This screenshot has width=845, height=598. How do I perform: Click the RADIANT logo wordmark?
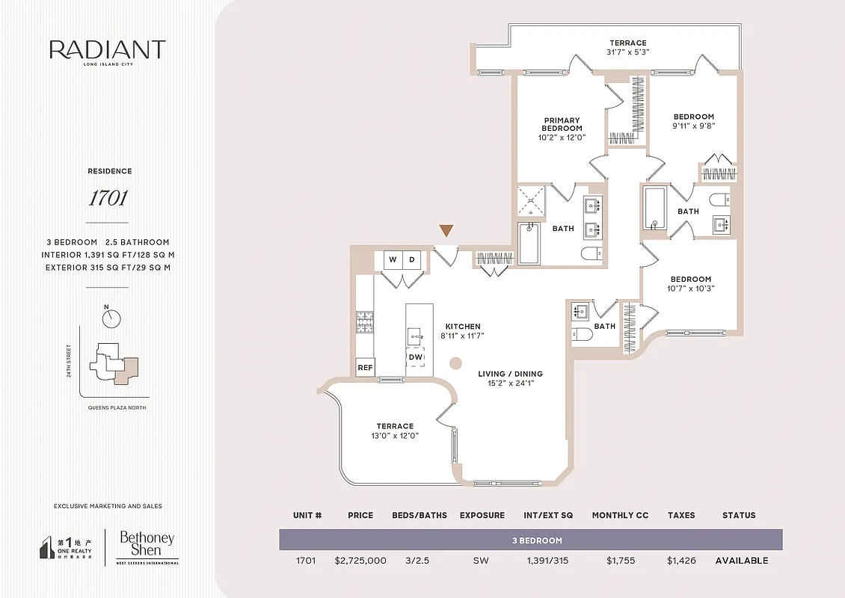click(107, 50)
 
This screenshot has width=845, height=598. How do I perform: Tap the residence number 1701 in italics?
click(109, 198)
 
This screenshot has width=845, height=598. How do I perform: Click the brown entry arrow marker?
click(446, 231)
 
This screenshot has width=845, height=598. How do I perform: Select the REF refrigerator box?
click(365, 368)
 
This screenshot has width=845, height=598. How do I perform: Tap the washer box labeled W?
click(393, 260)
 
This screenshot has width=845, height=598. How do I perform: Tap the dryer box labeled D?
click(412, 260)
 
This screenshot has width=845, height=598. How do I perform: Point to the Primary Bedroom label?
click(562, 124)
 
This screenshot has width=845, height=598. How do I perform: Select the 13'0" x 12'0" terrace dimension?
click(395, 436)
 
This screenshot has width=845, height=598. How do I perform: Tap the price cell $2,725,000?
click(361, 561)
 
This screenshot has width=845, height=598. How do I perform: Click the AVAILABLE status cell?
click(741, 561)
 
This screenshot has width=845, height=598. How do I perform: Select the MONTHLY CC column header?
click(619, 515)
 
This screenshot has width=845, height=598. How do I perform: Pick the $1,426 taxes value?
click(681, 561)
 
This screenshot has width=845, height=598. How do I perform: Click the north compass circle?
click(111, 319)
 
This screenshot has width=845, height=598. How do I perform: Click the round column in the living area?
click(455, 363)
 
